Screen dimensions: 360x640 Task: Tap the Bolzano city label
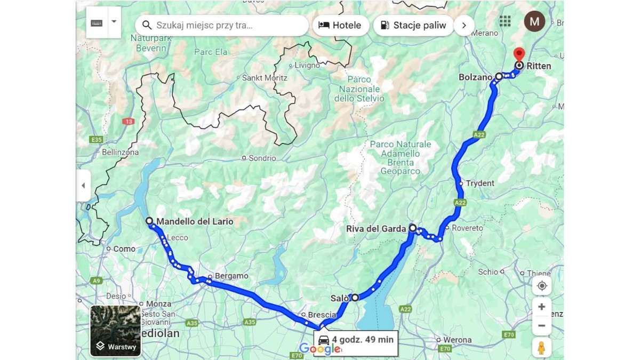click(475, 77)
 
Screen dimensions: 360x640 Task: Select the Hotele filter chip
click(340, 25)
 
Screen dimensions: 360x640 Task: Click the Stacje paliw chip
click(413, 25)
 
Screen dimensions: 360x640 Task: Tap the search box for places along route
click(222, 25)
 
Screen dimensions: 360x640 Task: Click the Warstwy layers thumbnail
click(116, 331)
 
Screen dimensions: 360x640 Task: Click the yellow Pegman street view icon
click(541, 348)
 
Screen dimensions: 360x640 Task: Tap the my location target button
click(542, 286)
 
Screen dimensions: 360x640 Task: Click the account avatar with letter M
click(534, 21)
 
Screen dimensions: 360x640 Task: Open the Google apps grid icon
click(505, 21)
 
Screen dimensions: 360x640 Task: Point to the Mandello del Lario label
click(195, 221)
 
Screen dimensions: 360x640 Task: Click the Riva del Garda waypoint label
click(376, 229)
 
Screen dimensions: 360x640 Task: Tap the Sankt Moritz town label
click(265, 78)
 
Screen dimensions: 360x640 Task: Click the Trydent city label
click(480, 183)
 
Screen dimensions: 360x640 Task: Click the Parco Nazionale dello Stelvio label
click(359, 89)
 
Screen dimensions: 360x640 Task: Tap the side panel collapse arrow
click(83, 186)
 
